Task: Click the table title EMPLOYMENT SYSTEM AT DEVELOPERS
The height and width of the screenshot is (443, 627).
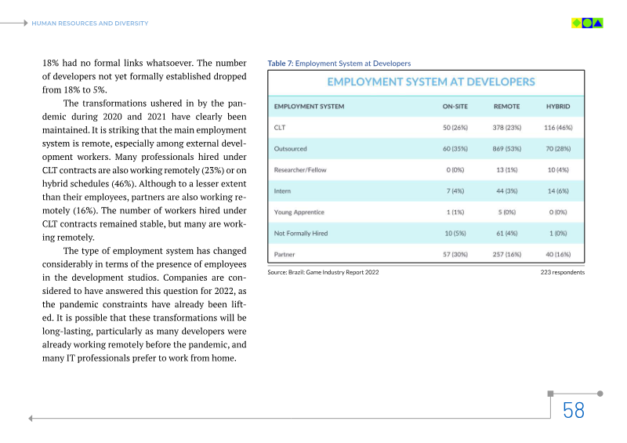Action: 431,82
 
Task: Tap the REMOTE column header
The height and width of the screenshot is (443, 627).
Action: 506,106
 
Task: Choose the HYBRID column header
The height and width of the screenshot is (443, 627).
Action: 558,106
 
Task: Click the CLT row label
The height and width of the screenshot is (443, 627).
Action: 279,127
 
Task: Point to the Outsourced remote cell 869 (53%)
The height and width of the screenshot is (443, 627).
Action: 506,148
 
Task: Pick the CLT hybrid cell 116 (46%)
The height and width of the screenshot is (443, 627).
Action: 558,127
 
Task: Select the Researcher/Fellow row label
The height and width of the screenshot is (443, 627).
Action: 300,169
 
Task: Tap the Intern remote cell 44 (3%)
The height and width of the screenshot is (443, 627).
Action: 506,191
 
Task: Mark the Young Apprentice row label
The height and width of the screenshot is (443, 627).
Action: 299,212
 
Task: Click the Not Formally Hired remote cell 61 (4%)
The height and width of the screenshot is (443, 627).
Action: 506,233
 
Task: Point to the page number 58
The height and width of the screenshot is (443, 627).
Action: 574,410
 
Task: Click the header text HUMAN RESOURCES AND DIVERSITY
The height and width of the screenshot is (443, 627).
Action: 89,24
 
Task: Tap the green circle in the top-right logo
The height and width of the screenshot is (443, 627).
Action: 587,23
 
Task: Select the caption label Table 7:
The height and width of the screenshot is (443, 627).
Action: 280,64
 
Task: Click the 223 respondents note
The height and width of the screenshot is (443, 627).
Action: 562,272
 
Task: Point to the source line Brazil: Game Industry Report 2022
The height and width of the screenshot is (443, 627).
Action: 323,272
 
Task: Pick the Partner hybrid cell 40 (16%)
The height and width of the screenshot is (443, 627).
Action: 558,254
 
